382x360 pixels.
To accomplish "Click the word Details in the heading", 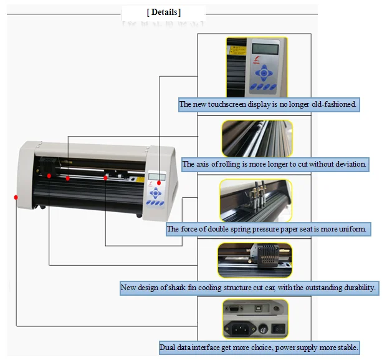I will pyautogui.click(x=165, y=12).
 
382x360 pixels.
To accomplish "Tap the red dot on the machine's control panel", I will pyautogui.click(x=160, y=182).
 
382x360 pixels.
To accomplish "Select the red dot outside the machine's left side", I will pyautogui.click(x=16, y=197).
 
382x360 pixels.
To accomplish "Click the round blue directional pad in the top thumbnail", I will pyautogui.click(x=264, y=73).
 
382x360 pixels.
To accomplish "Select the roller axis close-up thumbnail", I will pyautogui.click(x=257, y=138).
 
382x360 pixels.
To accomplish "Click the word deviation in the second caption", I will pyautogui.click(x=348, y=165).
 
